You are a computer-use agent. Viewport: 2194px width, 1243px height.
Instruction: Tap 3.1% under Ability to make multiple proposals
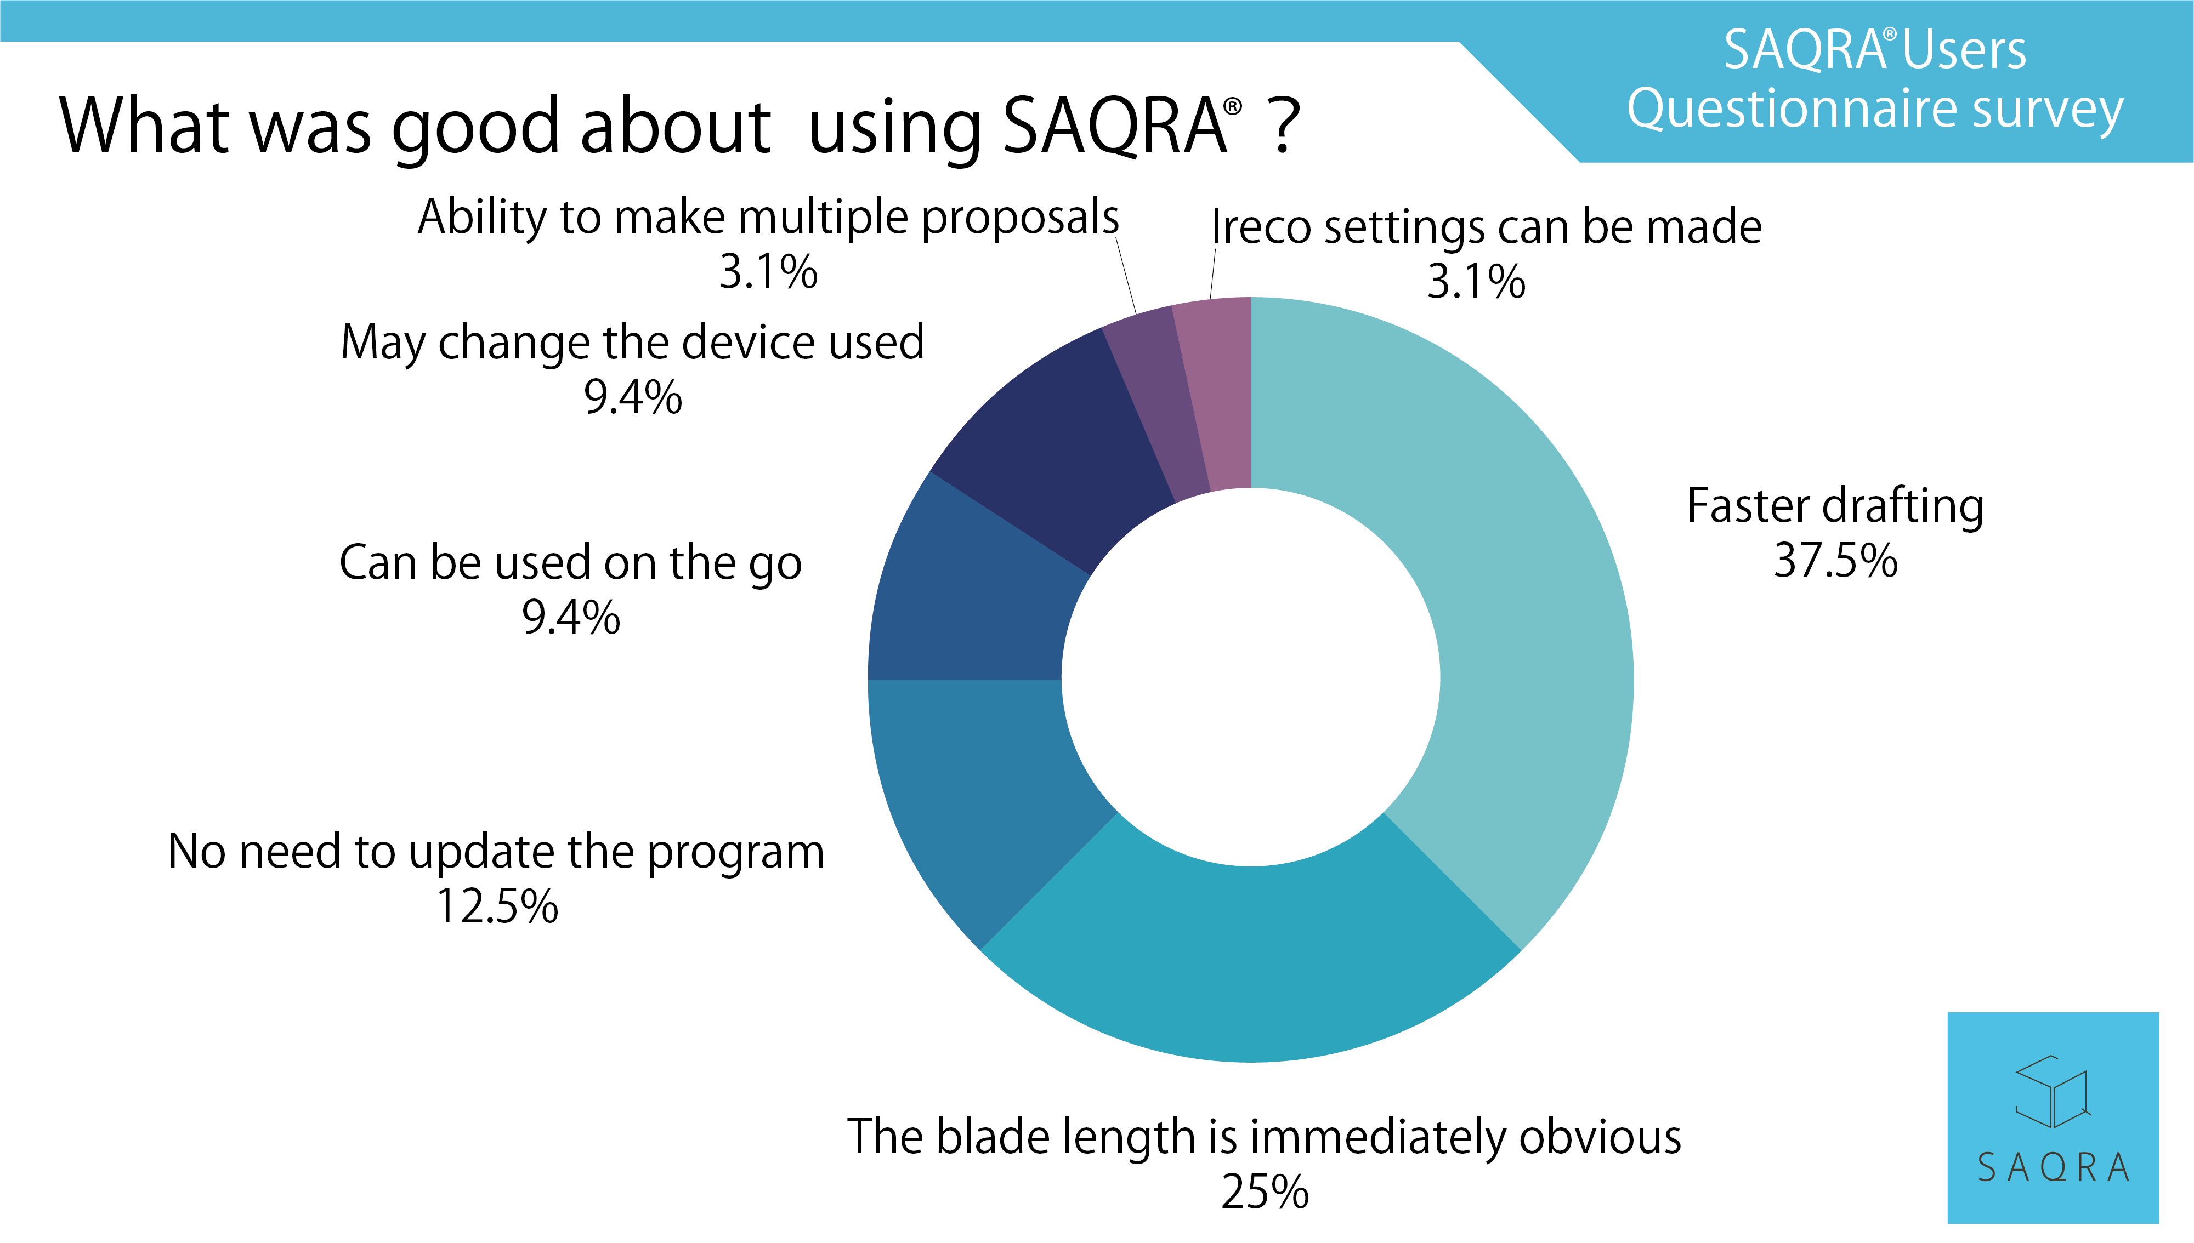click(769, 272)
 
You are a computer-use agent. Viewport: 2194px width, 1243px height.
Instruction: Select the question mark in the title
click(1284, 127)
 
